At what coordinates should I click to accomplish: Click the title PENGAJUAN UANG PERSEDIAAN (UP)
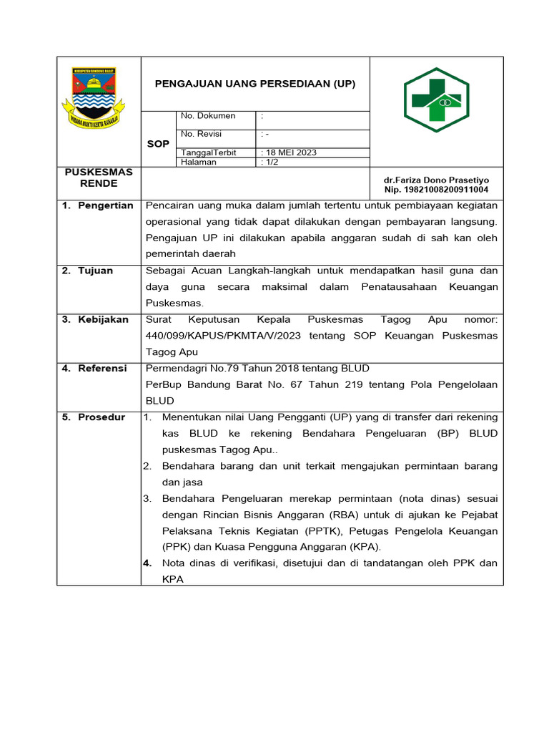point(255,84)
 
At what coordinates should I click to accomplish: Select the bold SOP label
point(158,144)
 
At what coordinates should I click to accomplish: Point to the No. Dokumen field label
point(208,116)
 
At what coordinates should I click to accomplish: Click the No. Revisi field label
point(202,134)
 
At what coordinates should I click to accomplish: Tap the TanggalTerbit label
point(209,152)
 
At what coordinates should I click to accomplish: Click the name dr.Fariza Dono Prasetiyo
point(437,180)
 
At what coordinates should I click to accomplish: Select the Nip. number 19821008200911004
point(437,190)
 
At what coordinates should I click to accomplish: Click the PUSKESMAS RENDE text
point(99,178)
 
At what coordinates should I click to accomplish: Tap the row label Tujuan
point(95,271)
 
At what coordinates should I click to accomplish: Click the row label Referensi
point(102,368)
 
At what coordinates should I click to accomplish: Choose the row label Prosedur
point(102,417)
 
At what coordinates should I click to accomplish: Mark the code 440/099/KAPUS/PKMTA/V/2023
point(223,336)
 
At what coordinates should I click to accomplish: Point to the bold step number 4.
point(147,563)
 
